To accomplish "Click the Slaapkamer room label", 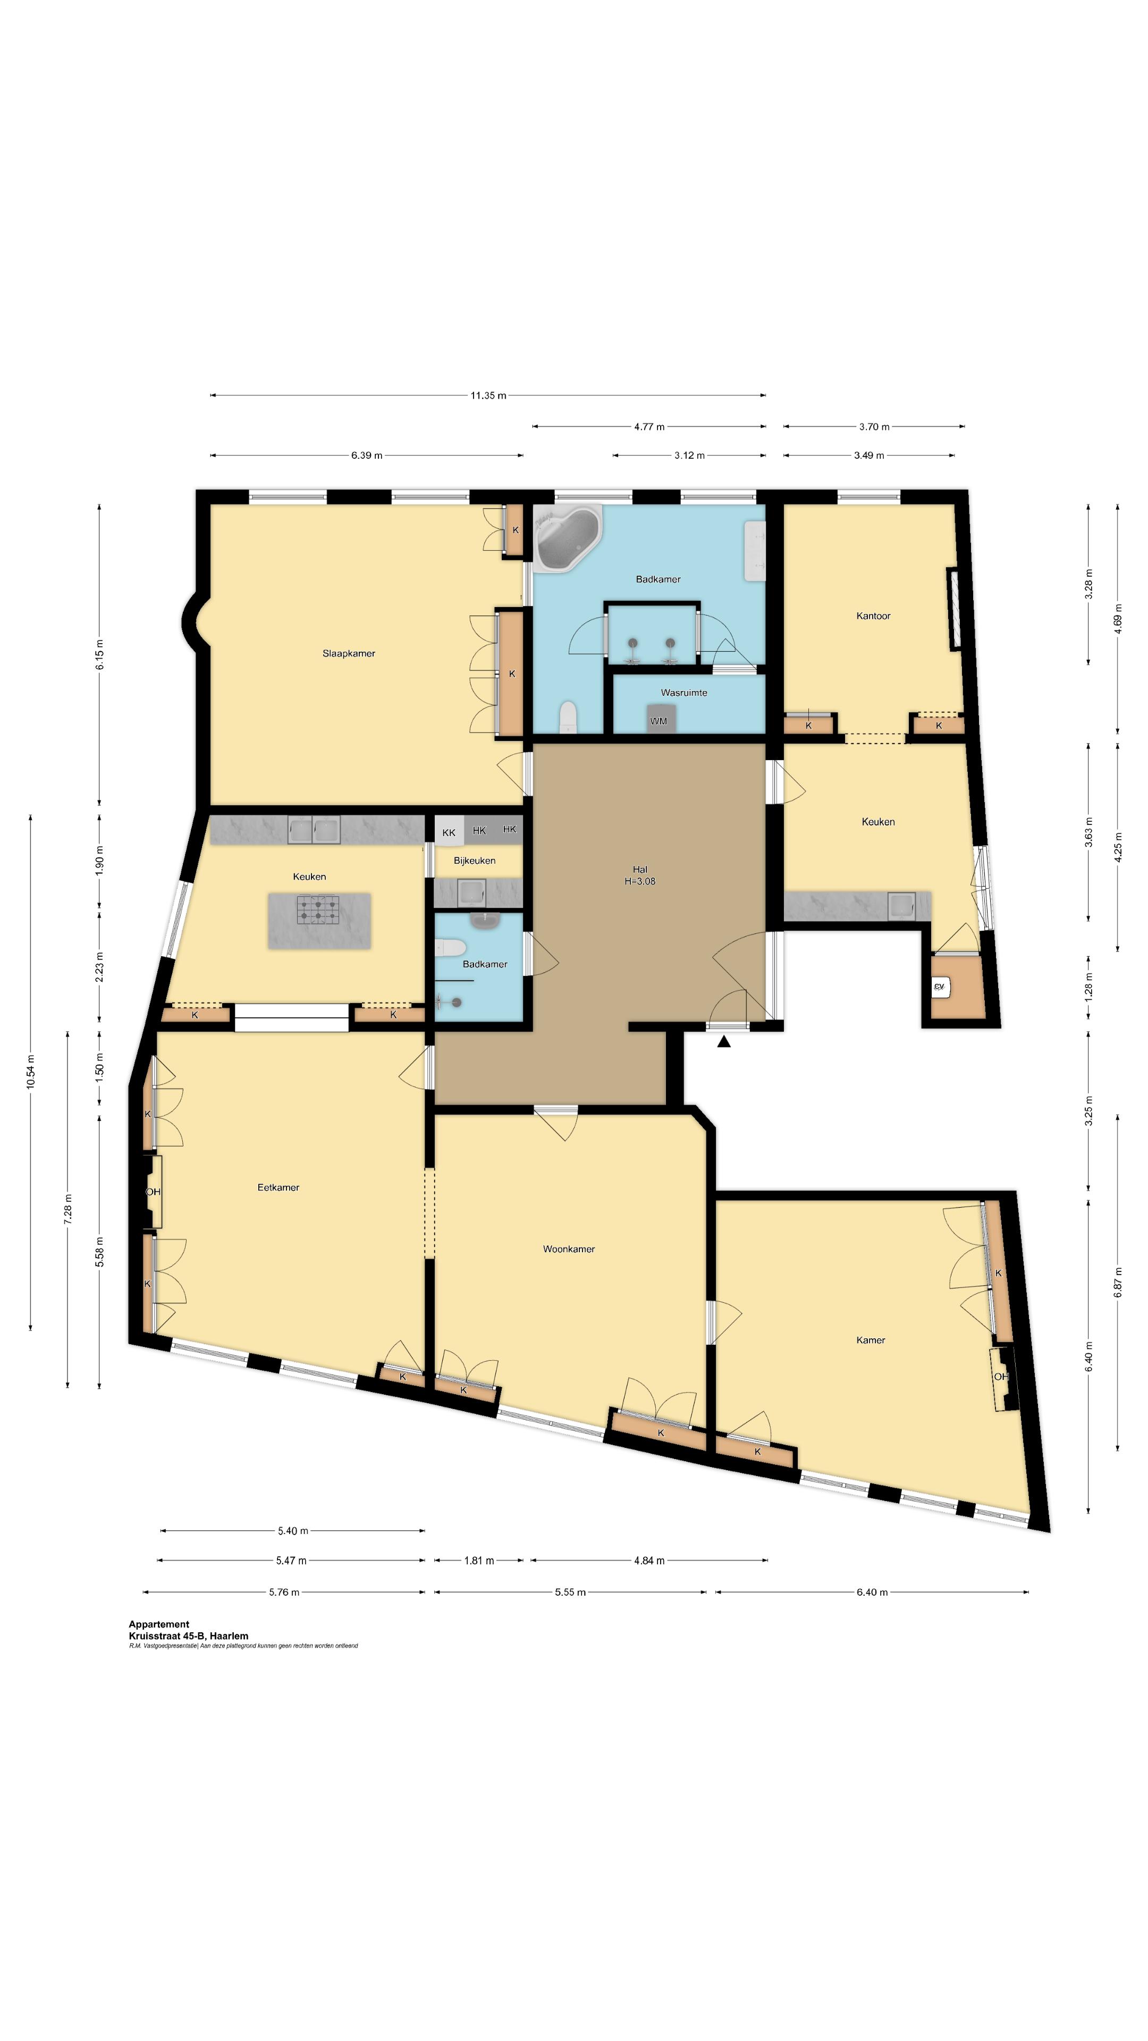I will (x=349, y=654).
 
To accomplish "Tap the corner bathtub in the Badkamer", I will (x=567, y=537).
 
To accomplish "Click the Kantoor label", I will (x=873, y=615).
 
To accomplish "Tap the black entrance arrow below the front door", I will (x=723, y=1043).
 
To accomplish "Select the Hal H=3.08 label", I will (x=639, y=875).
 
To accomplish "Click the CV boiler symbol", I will (x=940, y=986).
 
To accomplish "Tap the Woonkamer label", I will (x=569, y=1249).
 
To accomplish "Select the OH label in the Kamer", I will (x=1001, y=1376).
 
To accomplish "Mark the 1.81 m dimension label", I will (x=478, y=1561).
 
